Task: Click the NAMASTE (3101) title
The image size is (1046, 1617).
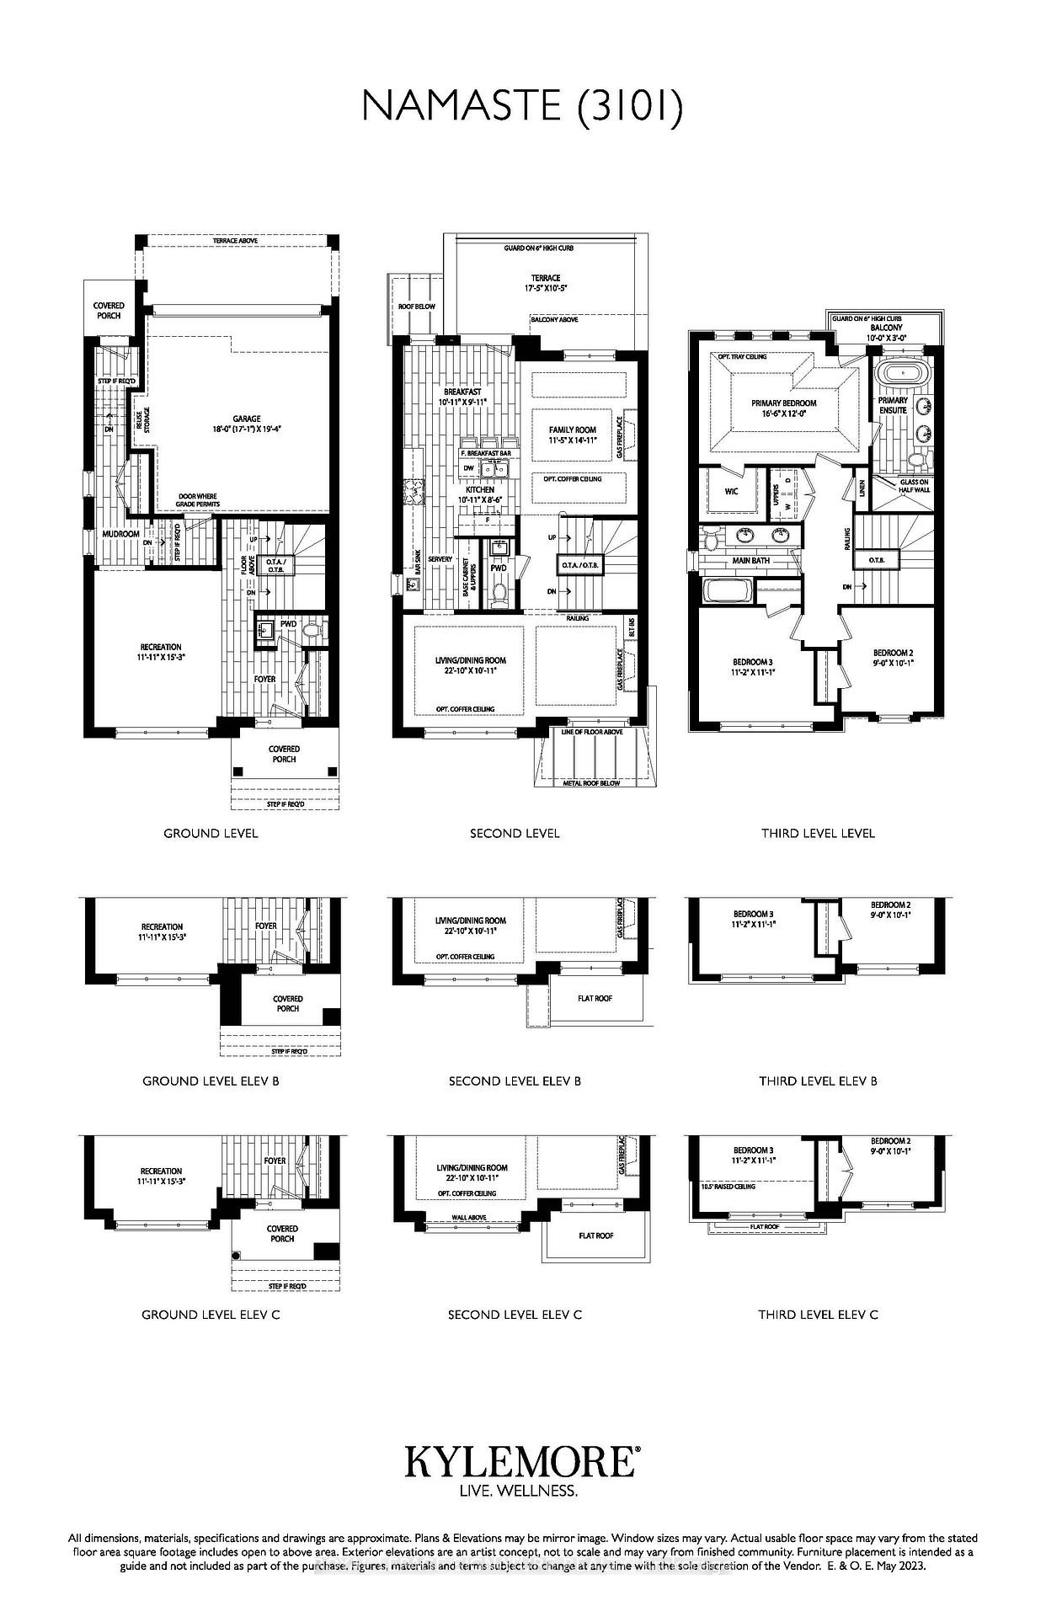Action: pos(522,107)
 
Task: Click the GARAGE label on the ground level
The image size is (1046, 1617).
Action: pos(247,419)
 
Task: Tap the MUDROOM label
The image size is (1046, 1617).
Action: pos(120,534)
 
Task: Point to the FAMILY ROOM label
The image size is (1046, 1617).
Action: pos(573,430)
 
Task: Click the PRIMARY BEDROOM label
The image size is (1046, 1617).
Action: pos(783,403)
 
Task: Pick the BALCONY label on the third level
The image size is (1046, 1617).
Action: pos(886,328)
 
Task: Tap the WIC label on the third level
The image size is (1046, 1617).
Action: pos(730,490)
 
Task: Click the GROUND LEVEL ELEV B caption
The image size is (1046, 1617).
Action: pos(211,1081)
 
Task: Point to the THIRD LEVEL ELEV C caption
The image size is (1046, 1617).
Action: pos(818,1314)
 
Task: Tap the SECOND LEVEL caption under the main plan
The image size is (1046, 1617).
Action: pos(515,833)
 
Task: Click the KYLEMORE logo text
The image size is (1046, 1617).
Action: pos(522,1462)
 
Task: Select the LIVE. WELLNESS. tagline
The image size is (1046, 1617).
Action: pos(518,1492)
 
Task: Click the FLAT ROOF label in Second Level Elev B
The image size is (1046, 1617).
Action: pos(595,998)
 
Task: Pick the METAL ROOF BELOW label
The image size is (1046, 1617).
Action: pos(591,783)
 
